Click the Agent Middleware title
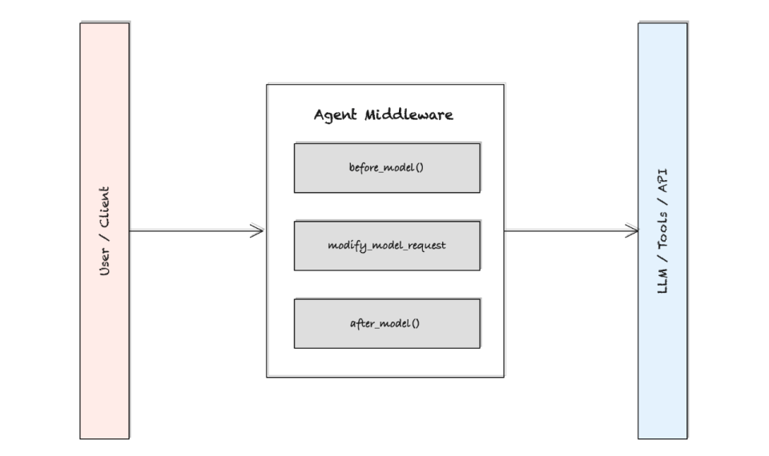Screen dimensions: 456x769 [x=384, y=114]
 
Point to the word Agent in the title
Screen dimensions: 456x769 [x=336, y=114]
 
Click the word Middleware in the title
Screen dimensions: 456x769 [x=409, y=114]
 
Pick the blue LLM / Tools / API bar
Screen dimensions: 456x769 [x=662, y=360]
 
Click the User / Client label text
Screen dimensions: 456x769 [x=104, y=231]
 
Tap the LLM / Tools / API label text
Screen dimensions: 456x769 [x=662, y=230]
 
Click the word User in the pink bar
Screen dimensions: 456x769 [x=104, y=262]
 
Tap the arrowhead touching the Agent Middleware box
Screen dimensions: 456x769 [x=258, y=231]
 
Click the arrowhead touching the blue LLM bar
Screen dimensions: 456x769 [x=632, y=231]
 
